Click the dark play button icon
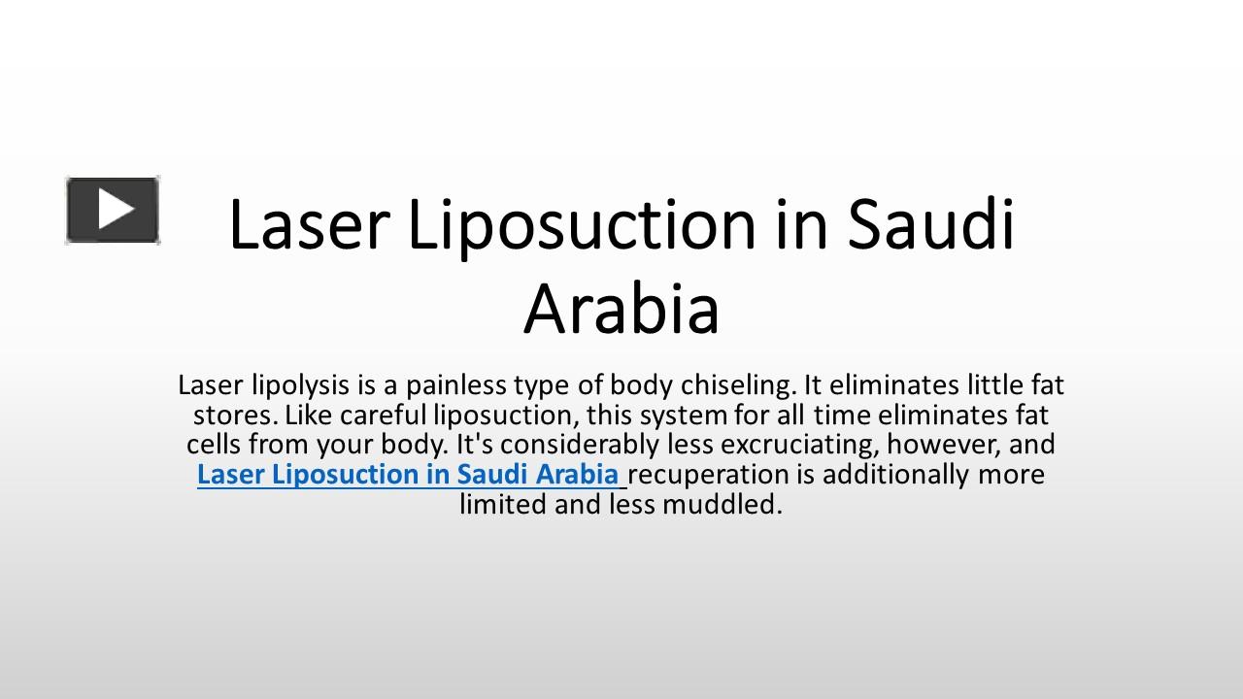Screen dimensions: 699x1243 113,210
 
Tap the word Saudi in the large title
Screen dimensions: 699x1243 930,225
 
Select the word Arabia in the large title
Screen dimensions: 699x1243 621,310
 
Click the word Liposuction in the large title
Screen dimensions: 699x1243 579,225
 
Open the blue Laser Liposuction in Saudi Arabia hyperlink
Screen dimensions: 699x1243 408,475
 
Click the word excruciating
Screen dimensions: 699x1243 764,446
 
